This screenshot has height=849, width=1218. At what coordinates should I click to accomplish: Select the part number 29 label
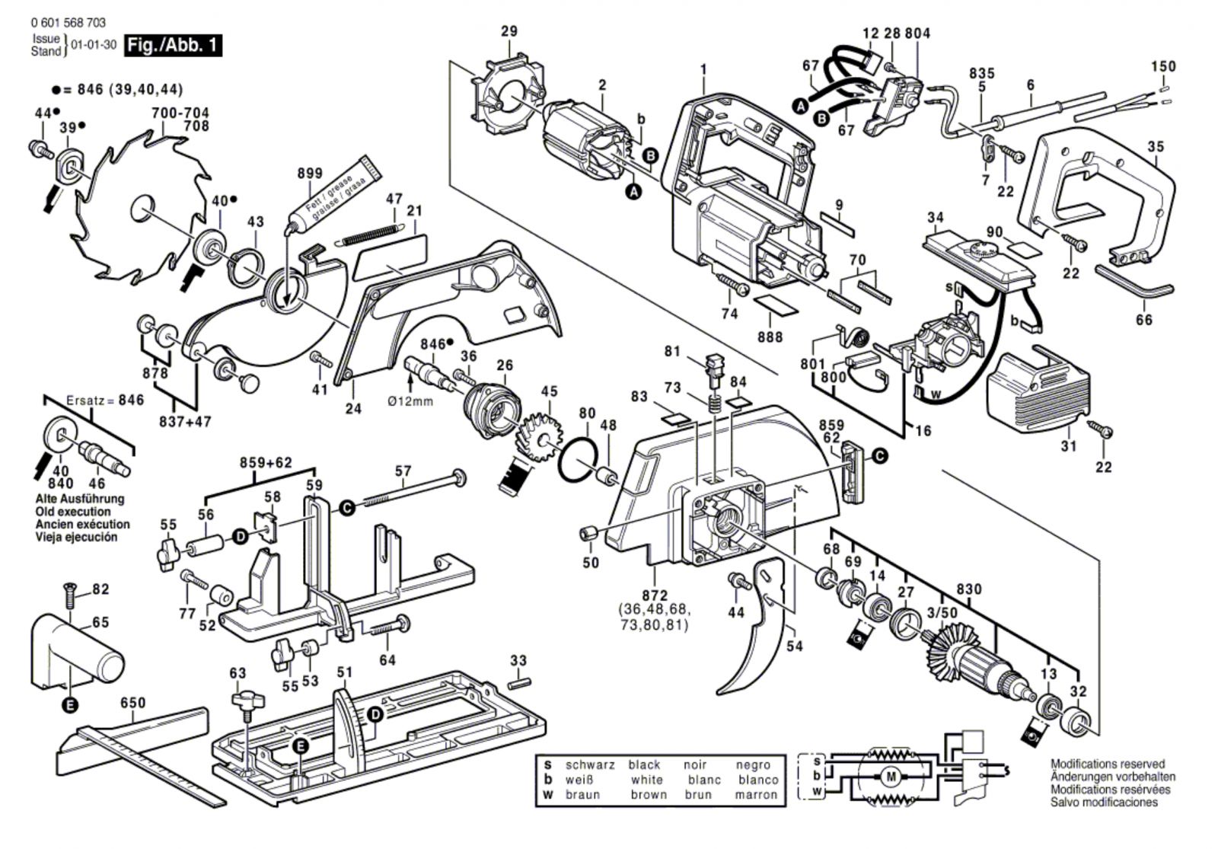coord(509,31)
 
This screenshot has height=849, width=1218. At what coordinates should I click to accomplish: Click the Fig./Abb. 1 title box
coord(173,45)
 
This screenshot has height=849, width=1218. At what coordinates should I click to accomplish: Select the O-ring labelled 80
coord(579,461)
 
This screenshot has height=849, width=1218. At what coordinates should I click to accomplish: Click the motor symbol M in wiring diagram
coord(890,777)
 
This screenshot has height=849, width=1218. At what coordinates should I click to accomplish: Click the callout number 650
coord(132,702)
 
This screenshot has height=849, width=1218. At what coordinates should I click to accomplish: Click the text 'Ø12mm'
coord(410,401)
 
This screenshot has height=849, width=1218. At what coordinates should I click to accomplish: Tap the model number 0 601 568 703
coord(69,24)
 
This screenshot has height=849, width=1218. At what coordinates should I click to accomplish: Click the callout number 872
coord(655,595)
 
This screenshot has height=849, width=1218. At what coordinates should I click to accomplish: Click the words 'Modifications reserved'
coord(1107,764)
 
